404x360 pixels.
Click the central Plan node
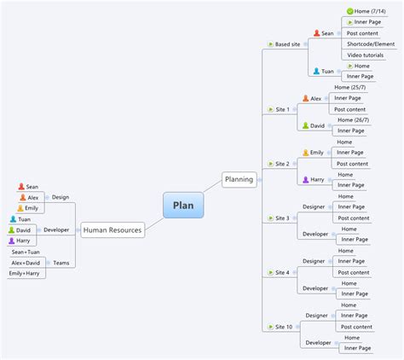point(183,205)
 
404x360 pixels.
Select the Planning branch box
point(239,179)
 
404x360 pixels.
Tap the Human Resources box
point(113,229)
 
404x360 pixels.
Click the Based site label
point(288,44)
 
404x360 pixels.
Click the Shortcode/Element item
point(371,44)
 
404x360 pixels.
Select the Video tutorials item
point(366,55)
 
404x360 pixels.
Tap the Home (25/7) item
point(349,87)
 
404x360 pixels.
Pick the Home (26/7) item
point(352,119)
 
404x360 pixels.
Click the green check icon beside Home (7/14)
point(349,11)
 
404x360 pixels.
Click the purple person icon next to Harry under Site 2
point(305,180)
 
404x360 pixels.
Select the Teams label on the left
point(61,263)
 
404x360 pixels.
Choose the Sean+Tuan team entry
point(25,252)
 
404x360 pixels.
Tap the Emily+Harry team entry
point(26,274)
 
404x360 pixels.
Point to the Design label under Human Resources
point(61,197)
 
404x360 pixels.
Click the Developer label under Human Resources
point(56,229)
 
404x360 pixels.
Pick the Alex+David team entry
point(26,263)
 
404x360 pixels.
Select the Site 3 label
point(282,218)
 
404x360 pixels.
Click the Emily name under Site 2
point(317,153)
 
